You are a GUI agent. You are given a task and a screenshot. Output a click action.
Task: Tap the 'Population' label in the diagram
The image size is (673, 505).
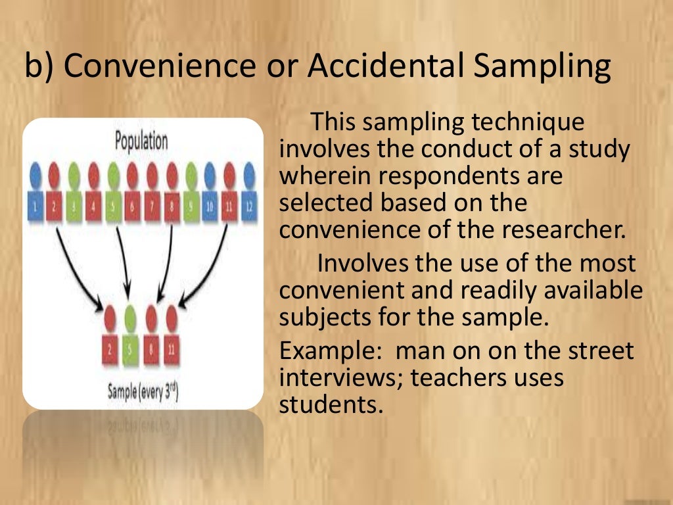141,141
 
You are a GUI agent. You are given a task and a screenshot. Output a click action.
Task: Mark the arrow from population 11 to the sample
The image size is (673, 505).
207,270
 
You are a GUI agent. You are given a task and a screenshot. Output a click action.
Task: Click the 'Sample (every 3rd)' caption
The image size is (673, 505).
143,393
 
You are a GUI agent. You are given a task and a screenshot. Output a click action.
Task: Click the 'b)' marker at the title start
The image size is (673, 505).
39,68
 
